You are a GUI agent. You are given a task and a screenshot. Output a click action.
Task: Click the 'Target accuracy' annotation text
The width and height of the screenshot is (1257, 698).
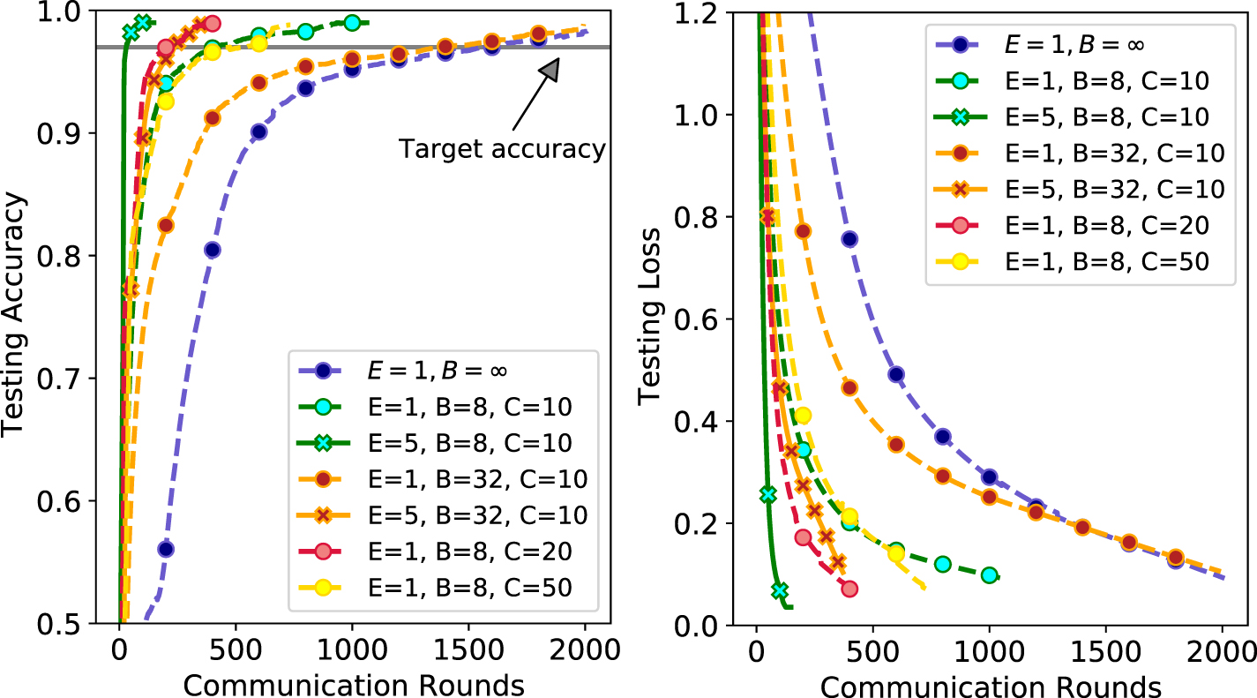tap(502, 149)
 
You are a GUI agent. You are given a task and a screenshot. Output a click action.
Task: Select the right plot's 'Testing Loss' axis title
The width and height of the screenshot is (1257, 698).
tap(651, 316)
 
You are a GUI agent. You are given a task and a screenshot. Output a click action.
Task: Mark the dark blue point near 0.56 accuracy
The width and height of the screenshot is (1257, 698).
tap(166, 549)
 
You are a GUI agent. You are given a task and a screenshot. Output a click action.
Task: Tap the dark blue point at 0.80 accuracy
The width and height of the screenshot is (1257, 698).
tap(212, 250)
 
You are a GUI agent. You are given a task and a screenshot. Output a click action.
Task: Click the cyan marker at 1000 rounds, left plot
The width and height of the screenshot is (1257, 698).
tap(352, 22)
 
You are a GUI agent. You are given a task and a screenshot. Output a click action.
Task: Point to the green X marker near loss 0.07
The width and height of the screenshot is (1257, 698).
tap(780, 590)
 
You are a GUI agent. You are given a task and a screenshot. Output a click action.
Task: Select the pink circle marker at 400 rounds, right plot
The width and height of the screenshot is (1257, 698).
tap(849, 589)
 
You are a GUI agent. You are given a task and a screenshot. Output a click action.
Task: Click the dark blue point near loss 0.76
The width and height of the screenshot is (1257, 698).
tap(849, 239)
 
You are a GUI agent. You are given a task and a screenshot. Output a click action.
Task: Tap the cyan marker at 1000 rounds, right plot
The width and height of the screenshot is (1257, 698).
tap(989, 575)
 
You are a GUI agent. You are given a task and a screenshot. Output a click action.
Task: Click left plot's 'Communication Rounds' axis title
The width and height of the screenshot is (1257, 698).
tap(353, 684)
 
